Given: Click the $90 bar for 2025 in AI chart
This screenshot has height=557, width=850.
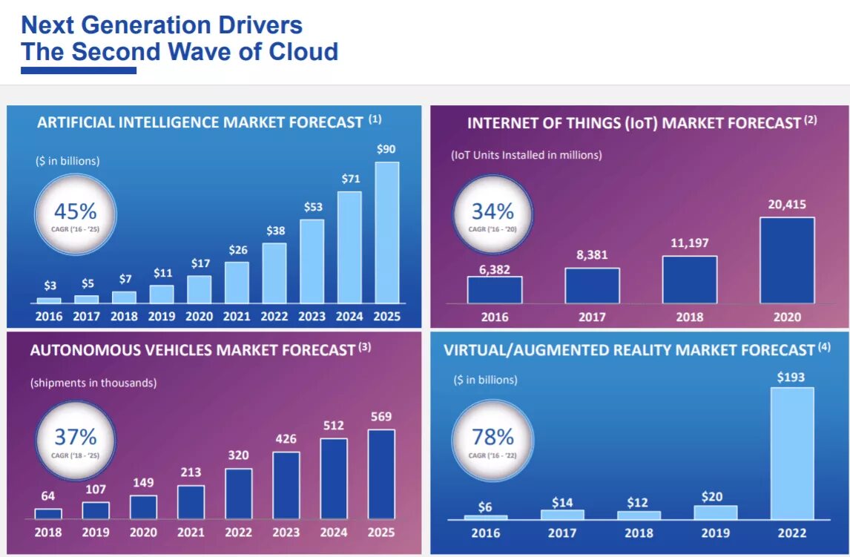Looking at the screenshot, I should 386,232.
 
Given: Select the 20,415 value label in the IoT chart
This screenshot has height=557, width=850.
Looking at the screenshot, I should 786,205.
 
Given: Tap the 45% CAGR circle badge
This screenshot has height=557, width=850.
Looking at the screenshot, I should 75,214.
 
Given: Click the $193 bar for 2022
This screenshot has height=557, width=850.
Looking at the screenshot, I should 791,453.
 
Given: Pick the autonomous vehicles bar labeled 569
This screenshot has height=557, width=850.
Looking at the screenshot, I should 381,474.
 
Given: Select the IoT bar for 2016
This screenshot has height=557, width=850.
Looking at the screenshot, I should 495,290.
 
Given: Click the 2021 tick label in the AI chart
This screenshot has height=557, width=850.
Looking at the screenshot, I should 237,317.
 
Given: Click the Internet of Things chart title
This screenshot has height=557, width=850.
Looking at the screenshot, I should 634,123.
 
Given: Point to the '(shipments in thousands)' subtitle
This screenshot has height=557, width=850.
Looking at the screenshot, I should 93,383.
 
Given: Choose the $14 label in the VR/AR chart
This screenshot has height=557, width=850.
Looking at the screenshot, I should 562,502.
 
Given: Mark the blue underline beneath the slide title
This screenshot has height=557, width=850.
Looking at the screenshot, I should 79,70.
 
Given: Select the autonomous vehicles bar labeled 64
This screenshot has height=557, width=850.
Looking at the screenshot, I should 48,513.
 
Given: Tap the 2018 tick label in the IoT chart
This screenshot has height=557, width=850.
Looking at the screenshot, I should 689,317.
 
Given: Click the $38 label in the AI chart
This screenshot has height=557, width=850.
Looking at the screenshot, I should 274,231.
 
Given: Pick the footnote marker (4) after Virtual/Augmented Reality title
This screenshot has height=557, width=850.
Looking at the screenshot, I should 824,346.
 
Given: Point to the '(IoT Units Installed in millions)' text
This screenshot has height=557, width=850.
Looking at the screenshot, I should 527,155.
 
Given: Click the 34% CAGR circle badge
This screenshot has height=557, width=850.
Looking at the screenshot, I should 492,214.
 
